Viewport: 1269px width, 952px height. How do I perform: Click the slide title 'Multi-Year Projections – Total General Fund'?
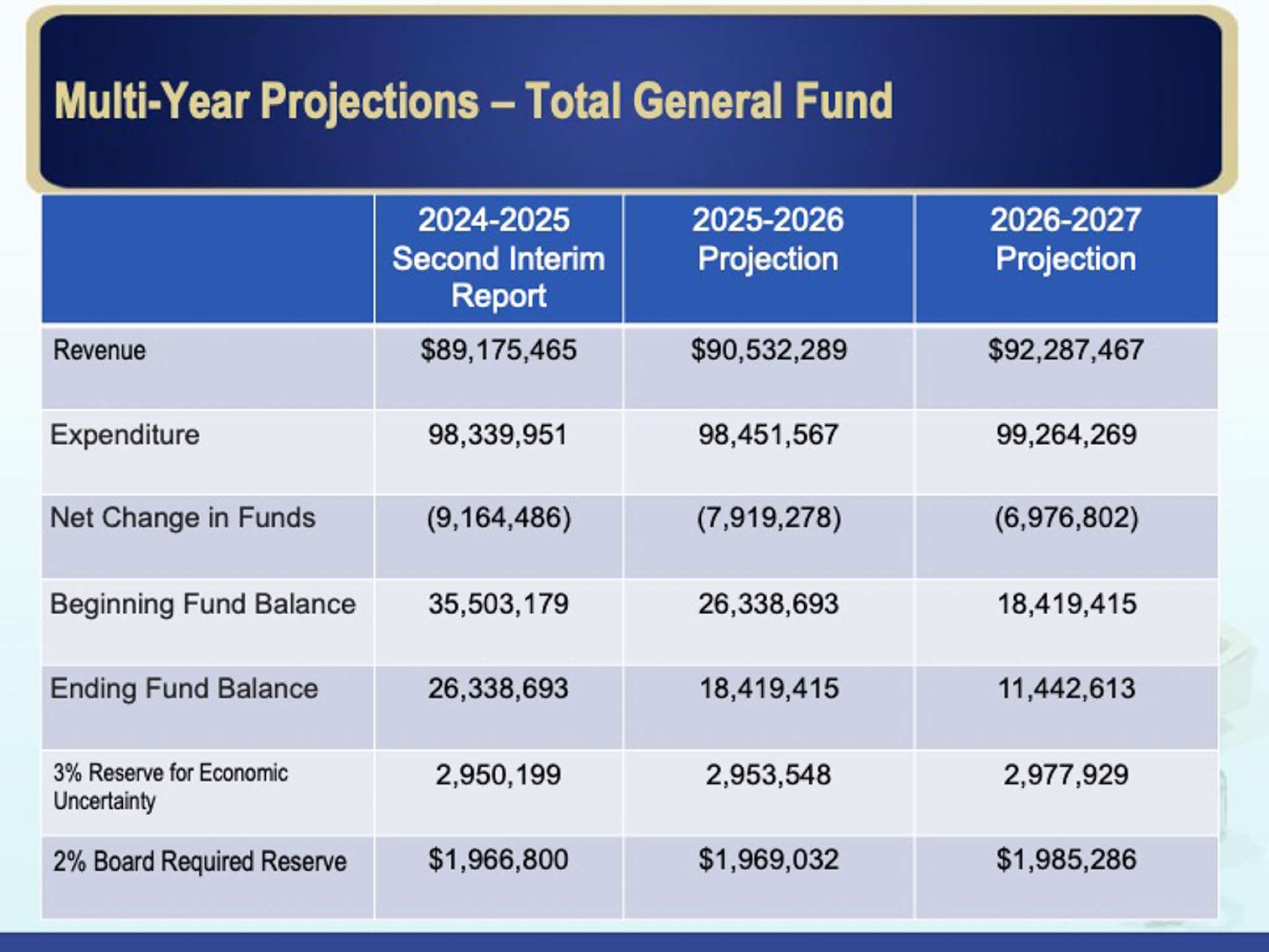tap(473, 101)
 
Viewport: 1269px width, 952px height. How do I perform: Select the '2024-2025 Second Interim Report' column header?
tap(498, 258)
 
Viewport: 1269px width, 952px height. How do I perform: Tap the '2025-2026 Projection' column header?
tap(768, 239)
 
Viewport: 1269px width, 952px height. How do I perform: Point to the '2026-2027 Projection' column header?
tap(1065, 239)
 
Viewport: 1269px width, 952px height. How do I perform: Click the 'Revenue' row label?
tap(100, 350)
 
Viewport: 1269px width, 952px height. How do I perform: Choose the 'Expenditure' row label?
tap(125, 434)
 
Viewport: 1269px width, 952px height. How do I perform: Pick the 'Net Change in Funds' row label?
tap(182, 518)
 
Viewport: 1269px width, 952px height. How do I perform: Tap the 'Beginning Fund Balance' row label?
tap(203, 604)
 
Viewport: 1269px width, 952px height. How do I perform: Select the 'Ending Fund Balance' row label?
tap(184, 689)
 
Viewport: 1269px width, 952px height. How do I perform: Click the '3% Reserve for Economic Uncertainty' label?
tap(170, 787)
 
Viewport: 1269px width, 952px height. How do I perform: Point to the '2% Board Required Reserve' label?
tap(200, 861)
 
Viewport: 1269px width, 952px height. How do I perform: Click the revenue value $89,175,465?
tap(498, 350)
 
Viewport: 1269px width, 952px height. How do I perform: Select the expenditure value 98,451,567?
tap(768, 434)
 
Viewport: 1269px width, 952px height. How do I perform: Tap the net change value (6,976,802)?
tap(1066, 518)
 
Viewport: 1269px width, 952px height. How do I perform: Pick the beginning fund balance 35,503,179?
tap(498, 604)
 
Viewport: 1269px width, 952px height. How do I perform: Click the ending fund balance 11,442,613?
tap(1066, 689)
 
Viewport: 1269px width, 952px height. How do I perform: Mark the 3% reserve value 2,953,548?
tap(768, 775)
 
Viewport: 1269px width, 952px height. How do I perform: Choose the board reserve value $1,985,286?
tap(1066, 860)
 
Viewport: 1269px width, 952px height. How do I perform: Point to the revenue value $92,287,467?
tap(1066, 350)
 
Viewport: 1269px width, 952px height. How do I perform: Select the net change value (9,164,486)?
tap(498, 518)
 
